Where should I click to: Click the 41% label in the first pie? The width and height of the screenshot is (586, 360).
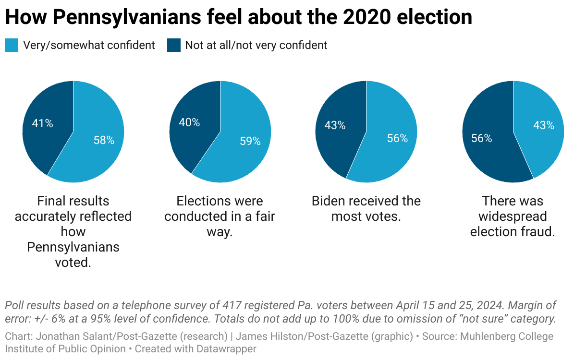(42, 123)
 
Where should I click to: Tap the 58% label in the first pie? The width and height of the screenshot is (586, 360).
(104, 140)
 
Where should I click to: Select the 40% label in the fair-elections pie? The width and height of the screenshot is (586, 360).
(189, 122)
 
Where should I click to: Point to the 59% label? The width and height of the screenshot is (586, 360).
(250, 141)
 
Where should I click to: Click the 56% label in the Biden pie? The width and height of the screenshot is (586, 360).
(397, 138)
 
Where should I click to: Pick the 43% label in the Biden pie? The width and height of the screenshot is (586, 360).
(335, 125)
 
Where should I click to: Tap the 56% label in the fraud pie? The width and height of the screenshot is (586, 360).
(481, 138)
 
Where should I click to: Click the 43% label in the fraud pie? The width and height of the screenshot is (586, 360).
(544, 125)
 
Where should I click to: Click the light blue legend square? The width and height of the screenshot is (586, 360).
(12, 45)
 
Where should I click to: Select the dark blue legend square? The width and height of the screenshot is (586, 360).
(174, 45)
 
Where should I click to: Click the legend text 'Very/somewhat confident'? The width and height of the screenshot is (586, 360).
(89, 45)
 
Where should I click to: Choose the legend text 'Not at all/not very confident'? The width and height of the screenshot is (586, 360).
(256, 45)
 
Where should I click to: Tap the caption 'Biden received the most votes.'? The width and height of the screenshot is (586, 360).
(366, 208)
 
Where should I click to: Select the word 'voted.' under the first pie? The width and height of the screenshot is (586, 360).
(73, 262)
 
